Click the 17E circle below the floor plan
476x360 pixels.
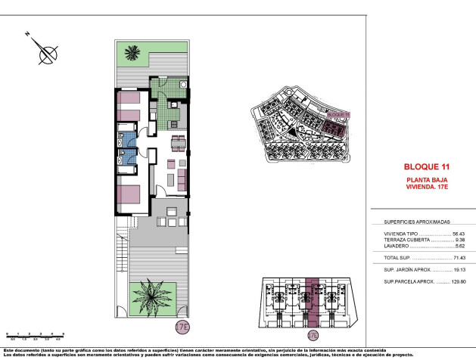click(181, 327)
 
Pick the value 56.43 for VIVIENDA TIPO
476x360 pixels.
click(458, 234)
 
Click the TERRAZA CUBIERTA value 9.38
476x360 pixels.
click(459, 241)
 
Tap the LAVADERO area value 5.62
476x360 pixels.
click(459, 247)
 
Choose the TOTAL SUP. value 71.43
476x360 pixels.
click(458, 258)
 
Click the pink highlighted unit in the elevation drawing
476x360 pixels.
click(313, 299)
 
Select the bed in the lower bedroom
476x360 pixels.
click(130, 195)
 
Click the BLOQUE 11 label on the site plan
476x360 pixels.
click(340, 114)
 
